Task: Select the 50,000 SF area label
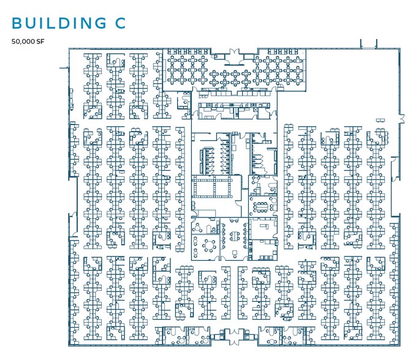[x=28, y=42]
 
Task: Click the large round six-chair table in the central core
[x=209, y=245]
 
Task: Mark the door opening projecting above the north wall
[x=367, y=43]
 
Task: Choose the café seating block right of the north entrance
[x=276, y=70]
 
